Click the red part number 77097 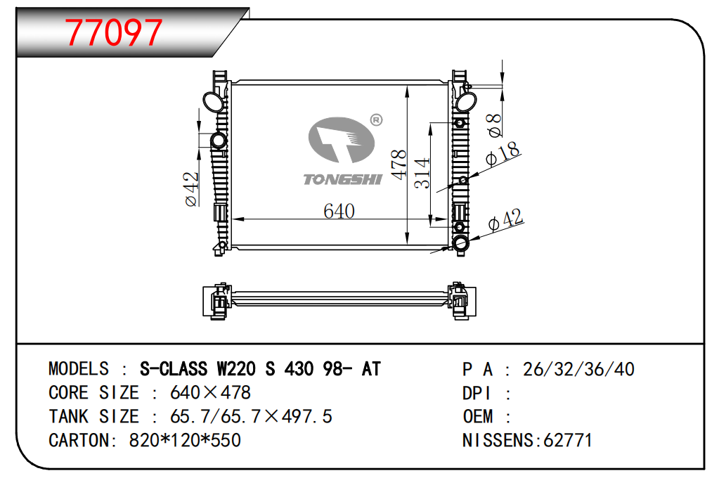click(113, 32)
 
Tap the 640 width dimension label click(339, 211)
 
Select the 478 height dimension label click(399, 164)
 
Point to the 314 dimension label click(422, 173)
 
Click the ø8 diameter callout click(494, 125)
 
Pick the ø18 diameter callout click(503, 153)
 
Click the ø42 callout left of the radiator click(191, 189)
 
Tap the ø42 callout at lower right click(505, 220)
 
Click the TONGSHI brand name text click(342, 179)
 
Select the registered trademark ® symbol click(376, 120)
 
